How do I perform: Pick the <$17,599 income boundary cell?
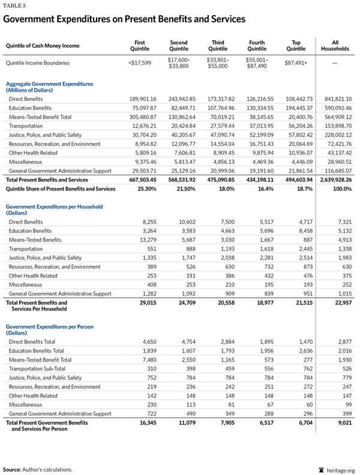point(140,62)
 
